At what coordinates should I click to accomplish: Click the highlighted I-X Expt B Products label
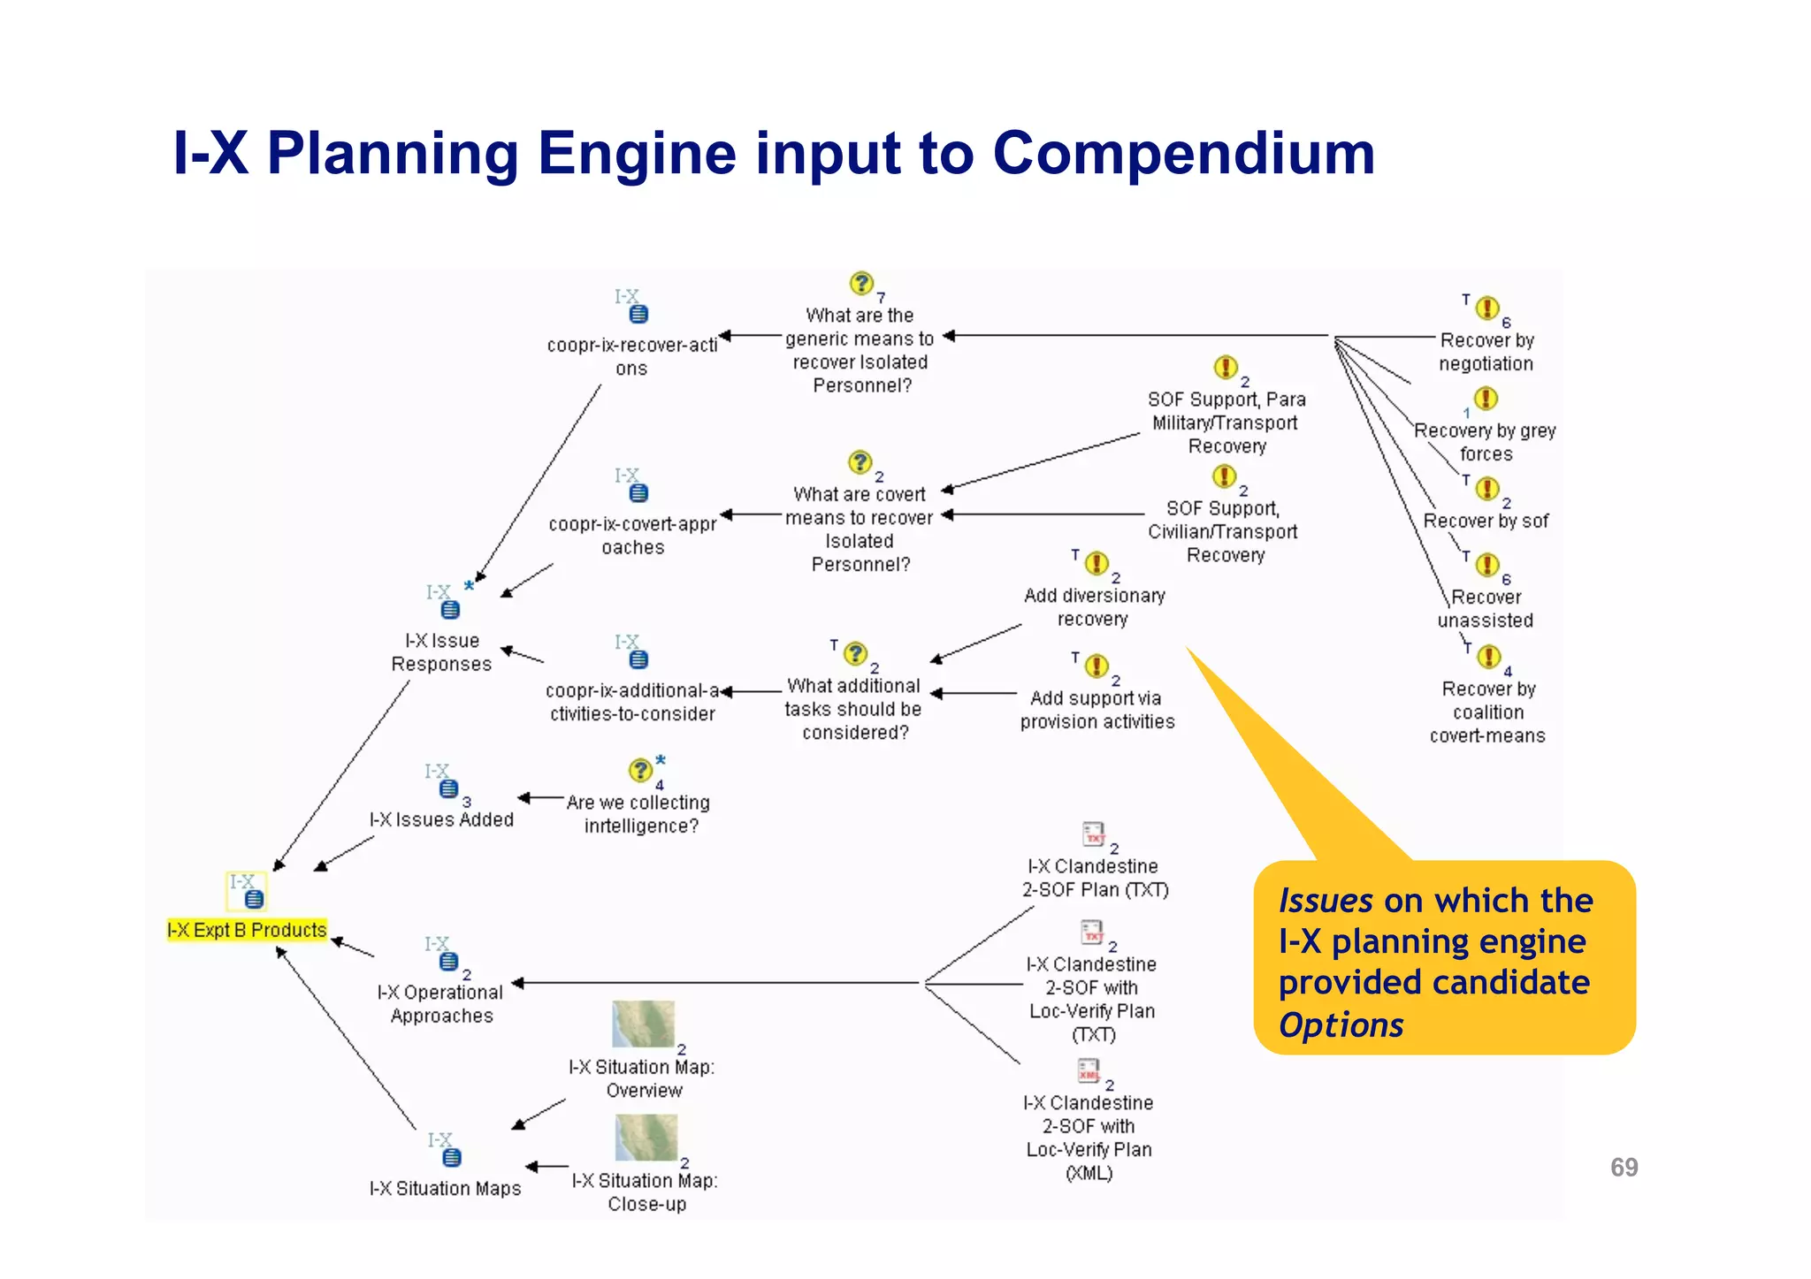tap(247, 930)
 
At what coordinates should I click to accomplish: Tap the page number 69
tap(1624, 1168)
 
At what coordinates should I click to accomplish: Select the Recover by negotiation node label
tap(1486, 352)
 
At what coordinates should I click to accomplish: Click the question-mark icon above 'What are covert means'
tap(860, 462)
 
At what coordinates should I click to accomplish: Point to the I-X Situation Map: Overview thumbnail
tap(644, 1024)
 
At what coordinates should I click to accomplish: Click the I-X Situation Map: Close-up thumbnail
tap(646, 1137)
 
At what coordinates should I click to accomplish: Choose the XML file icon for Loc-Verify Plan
tap(1089, 1070)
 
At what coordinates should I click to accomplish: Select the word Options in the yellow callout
tap(1341, 1025)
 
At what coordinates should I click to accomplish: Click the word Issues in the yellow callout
tap(1325, 901)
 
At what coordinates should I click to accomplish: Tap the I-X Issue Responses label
tap(441, 652)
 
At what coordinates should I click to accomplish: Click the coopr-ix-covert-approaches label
tap(632, 536)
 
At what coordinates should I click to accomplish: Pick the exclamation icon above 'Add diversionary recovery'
tap(1097, 563)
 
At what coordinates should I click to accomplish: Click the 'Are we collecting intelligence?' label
tap(639, 814)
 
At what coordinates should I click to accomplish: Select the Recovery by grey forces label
tap(1486, 442)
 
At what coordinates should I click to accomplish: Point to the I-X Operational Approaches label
tap(440, 1004)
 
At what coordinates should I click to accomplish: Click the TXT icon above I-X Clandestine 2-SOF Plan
tap(1094, 834)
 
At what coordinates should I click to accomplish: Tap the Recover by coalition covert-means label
tap(1487, 712)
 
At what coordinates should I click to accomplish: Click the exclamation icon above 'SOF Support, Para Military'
tap(1225, 367)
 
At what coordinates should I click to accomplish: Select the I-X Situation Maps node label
tap(445, 1189)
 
